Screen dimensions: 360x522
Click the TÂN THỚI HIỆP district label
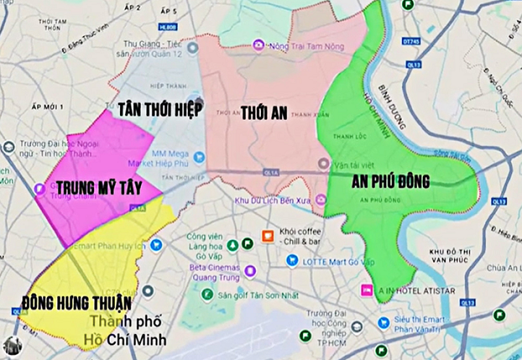[160, 110]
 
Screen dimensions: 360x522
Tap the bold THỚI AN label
[264, 113]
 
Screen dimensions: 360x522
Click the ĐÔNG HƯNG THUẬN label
[77, 303]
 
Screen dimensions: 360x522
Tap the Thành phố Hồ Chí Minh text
[129, 331]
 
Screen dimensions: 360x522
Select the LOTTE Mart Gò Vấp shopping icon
[292, 260]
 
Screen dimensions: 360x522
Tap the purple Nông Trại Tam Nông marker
[259, 46]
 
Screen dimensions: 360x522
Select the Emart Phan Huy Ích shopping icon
[156, 245]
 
